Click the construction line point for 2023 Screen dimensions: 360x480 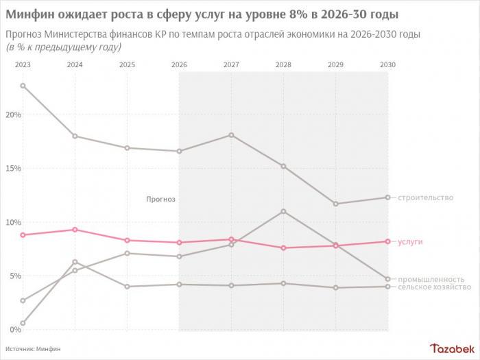23,86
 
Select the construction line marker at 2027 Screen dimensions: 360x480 231,135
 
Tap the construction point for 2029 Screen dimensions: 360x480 335,204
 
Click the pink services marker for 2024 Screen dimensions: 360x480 75,230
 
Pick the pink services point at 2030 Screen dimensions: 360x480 387,241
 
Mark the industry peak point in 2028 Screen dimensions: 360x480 283,211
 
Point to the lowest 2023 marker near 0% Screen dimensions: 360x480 23,323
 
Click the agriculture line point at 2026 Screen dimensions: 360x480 179,284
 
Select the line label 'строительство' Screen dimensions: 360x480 426,197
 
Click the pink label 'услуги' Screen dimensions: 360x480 411,242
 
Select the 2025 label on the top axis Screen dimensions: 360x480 127,64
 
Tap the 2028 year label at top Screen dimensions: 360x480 283,64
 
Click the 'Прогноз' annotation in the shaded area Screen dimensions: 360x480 160,200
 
